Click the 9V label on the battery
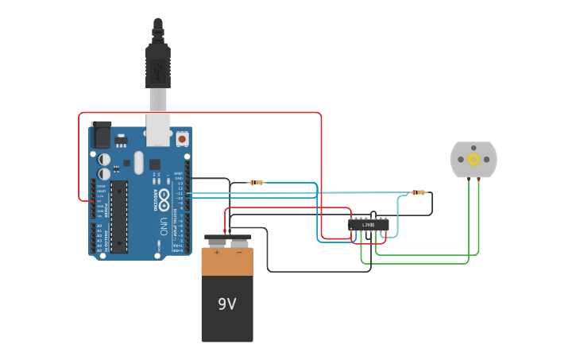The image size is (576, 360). (x=226, y=304)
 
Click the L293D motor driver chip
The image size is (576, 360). (x=368, y=225)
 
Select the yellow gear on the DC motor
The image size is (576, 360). (x=474, y=159)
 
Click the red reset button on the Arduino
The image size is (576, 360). (x=182, y=139)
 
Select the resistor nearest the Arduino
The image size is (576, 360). (x=256, y=183)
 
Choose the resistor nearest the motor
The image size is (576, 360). (x=417, y=192)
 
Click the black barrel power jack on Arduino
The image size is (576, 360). (x=100, y=136)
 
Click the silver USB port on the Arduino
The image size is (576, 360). (x=158, y=129)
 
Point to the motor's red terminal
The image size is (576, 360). (x=479, y=179)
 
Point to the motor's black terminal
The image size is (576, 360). (x=468, y=179)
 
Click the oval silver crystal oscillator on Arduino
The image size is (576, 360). (x=138, y=163)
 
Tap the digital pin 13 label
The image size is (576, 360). (x=180, y=183)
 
